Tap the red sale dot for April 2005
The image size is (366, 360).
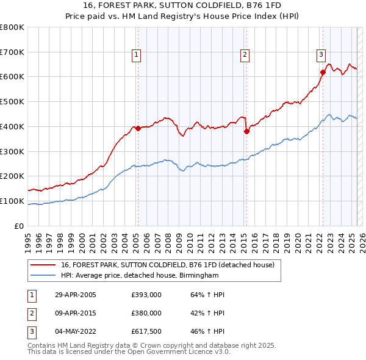tap(138, 128)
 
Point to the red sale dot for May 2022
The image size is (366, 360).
tap(323, 72)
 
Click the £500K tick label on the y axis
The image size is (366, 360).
tap(12, 101)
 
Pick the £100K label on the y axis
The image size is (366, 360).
tap(12, 201)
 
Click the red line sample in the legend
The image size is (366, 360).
tap(43, 265)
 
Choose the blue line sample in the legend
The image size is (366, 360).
tap(43, 276)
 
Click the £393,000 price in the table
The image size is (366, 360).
tap(146, 295)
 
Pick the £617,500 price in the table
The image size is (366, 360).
tap(146, 331)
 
